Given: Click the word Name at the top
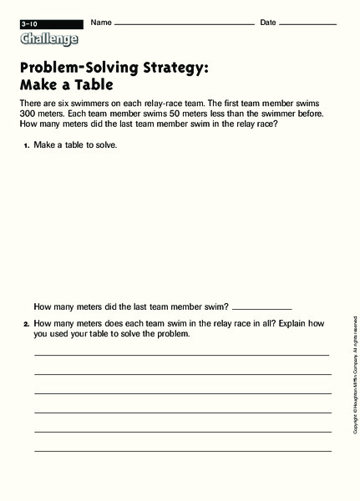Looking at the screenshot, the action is pos(101,22).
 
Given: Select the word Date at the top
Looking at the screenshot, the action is pos(268,22).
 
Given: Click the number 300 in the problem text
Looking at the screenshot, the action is pos(30,113).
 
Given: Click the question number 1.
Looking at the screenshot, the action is pos(27,145).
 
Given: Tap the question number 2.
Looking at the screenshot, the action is pos(27,323).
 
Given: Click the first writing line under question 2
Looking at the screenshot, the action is pos(182,355).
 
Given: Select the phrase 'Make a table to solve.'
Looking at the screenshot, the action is pos(75,145).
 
